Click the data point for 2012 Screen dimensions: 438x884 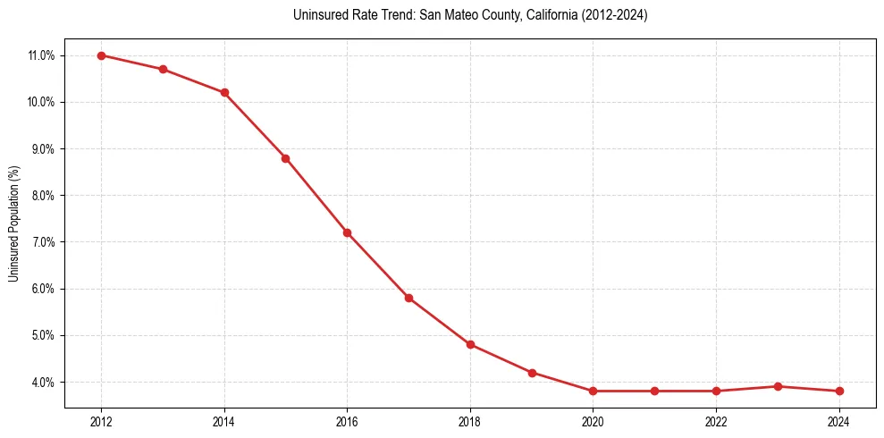click(x=101, y=55)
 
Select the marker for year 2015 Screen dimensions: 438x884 click(x=285, y=158)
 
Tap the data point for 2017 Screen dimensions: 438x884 click(x=408, y=298)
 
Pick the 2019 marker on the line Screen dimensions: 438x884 click(x=532, y=373)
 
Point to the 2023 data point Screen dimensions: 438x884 click(x=778, y=386)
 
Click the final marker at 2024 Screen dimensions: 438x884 click(x=839, y=391)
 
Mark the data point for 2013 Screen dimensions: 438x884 click(x=163, y=70)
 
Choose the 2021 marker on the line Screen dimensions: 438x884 click(x=654, y=391)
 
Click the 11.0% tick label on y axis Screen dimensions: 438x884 click(x=42, y=55)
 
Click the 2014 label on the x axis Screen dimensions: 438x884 click(x=224, y=422)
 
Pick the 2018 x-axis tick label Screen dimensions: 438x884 click(x=470, y=422)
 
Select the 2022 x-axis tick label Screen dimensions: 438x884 click(x=716, y=422)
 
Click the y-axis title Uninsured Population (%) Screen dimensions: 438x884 click(x=13, y=223)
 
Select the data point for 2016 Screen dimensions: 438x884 click(x=347, y=232)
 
